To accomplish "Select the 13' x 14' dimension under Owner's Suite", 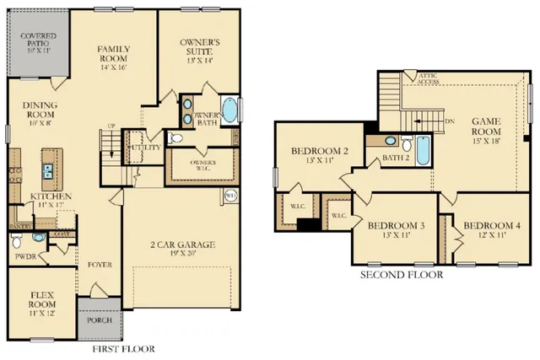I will point(199,62).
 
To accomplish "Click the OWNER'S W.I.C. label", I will point(202,163).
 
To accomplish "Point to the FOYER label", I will point(100,265).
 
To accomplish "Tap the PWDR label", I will point(24,256).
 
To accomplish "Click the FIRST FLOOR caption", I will point(123,347).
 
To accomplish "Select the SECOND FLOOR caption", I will point(400,276).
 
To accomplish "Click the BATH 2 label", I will point(396,158).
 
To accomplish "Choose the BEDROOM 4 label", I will point(492,226).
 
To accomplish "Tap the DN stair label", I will point(449,121).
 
